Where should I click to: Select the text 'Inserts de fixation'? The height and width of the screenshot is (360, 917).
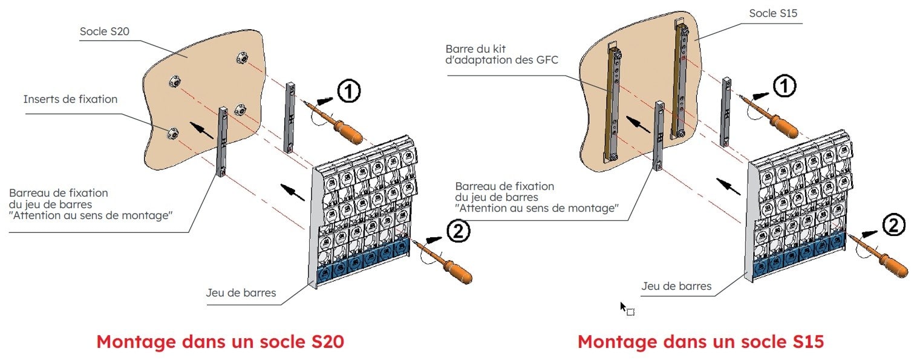[x=70, y=99]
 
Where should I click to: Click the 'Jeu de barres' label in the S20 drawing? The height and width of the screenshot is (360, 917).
[x=241, y=293]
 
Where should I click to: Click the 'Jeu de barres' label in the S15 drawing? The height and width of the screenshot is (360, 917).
[x=676, y=286]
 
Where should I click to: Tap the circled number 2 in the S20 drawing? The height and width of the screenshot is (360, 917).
[x=457, y=231]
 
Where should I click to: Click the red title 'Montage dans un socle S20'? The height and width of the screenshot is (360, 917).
[x=220, y=341]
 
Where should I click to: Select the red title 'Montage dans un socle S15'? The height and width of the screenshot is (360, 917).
[x=700, y=341]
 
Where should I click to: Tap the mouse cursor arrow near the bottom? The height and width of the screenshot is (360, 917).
[x=623, y=306]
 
